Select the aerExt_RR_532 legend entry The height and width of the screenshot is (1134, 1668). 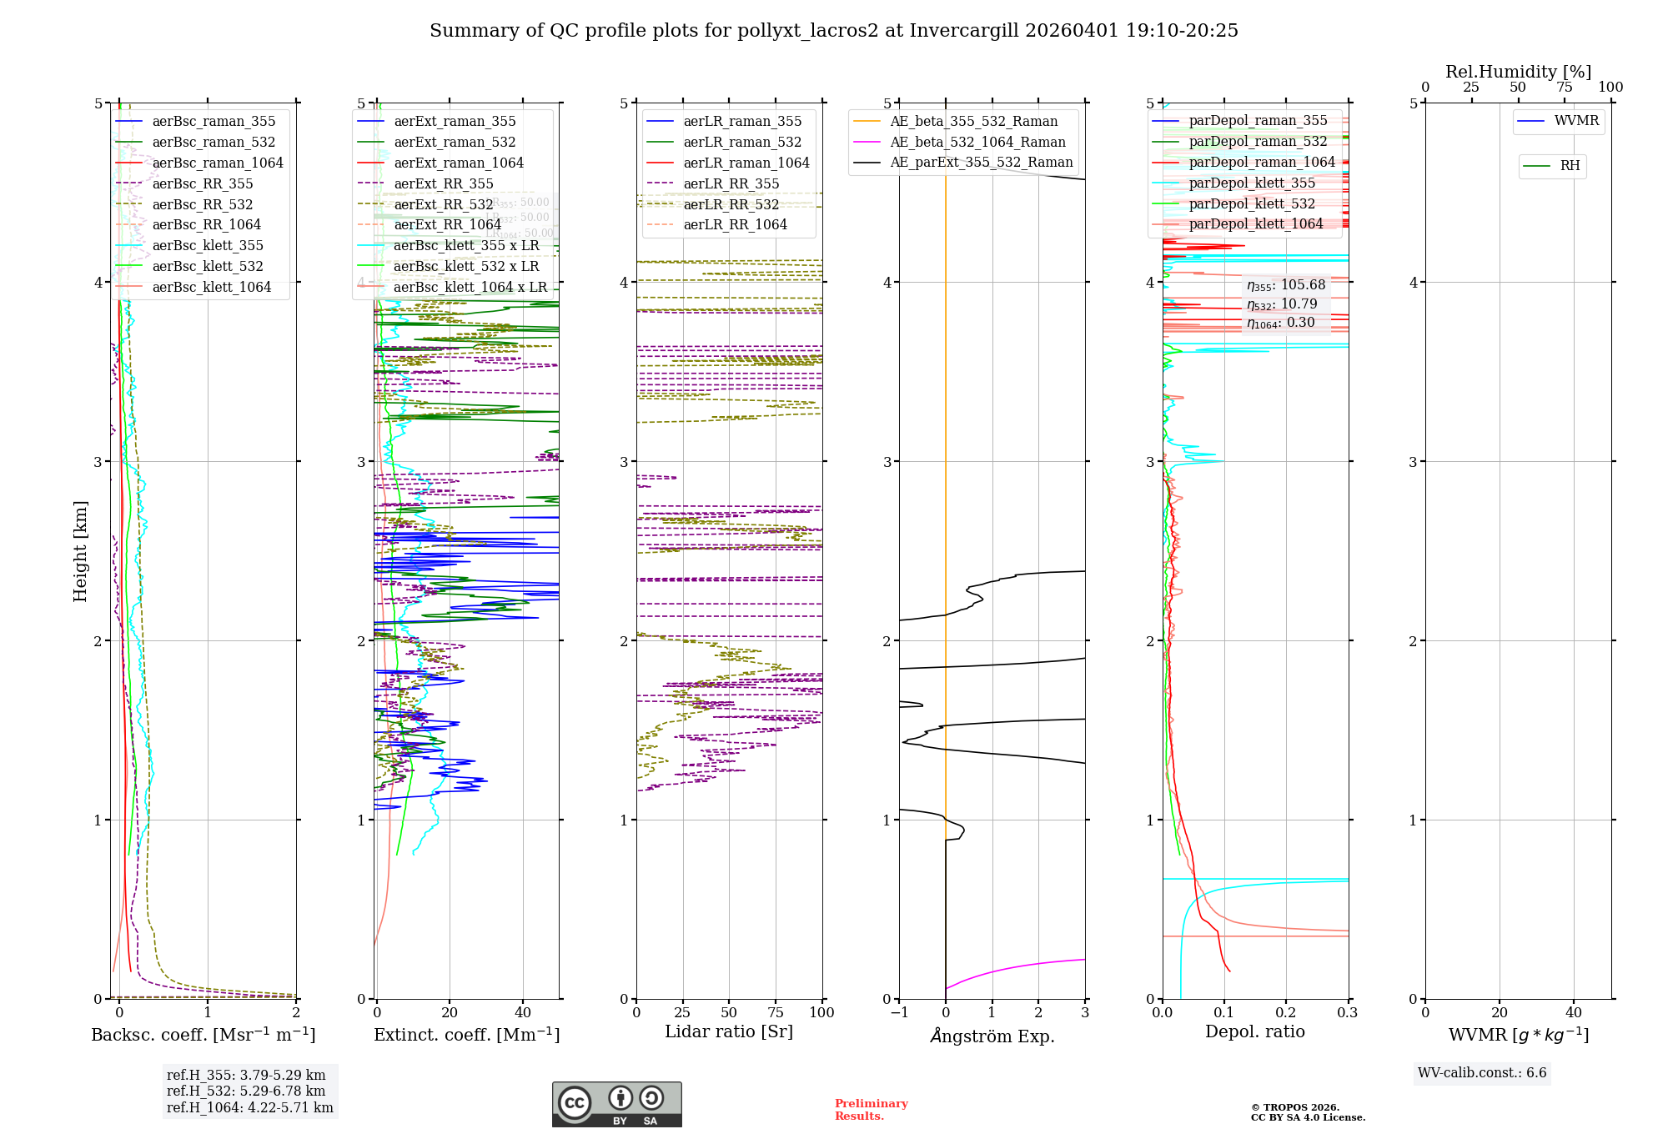pos(443,204)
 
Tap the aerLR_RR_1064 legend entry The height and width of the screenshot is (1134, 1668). pos(735,225)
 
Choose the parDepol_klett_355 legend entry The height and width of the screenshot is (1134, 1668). pos(1252,183)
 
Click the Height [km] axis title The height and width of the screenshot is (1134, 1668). pos(80,551)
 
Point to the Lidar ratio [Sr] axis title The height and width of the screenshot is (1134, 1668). pos(729,1031)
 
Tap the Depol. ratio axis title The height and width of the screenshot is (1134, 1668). pos(1254,1031)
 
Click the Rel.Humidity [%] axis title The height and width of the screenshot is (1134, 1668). pos(1518,72)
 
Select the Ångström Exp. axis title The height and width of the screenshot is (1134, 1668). pos(992,1036)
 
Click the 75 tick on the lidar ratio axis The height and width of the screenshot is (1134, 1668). pos(776,1012)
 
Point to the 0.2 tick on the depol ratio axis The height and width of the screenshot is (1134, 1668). pos(1286,1012)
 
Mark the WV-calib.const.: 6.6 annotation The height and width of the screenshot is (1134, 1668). pos(1482,1073)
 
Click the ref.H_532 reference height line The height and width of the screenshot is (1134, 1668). pos(246,1091)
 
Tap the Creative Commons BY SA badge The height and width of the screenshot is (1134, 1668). pos(616,1104)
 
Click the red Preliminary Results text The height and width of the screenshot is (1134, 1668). pos(871,1110)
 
